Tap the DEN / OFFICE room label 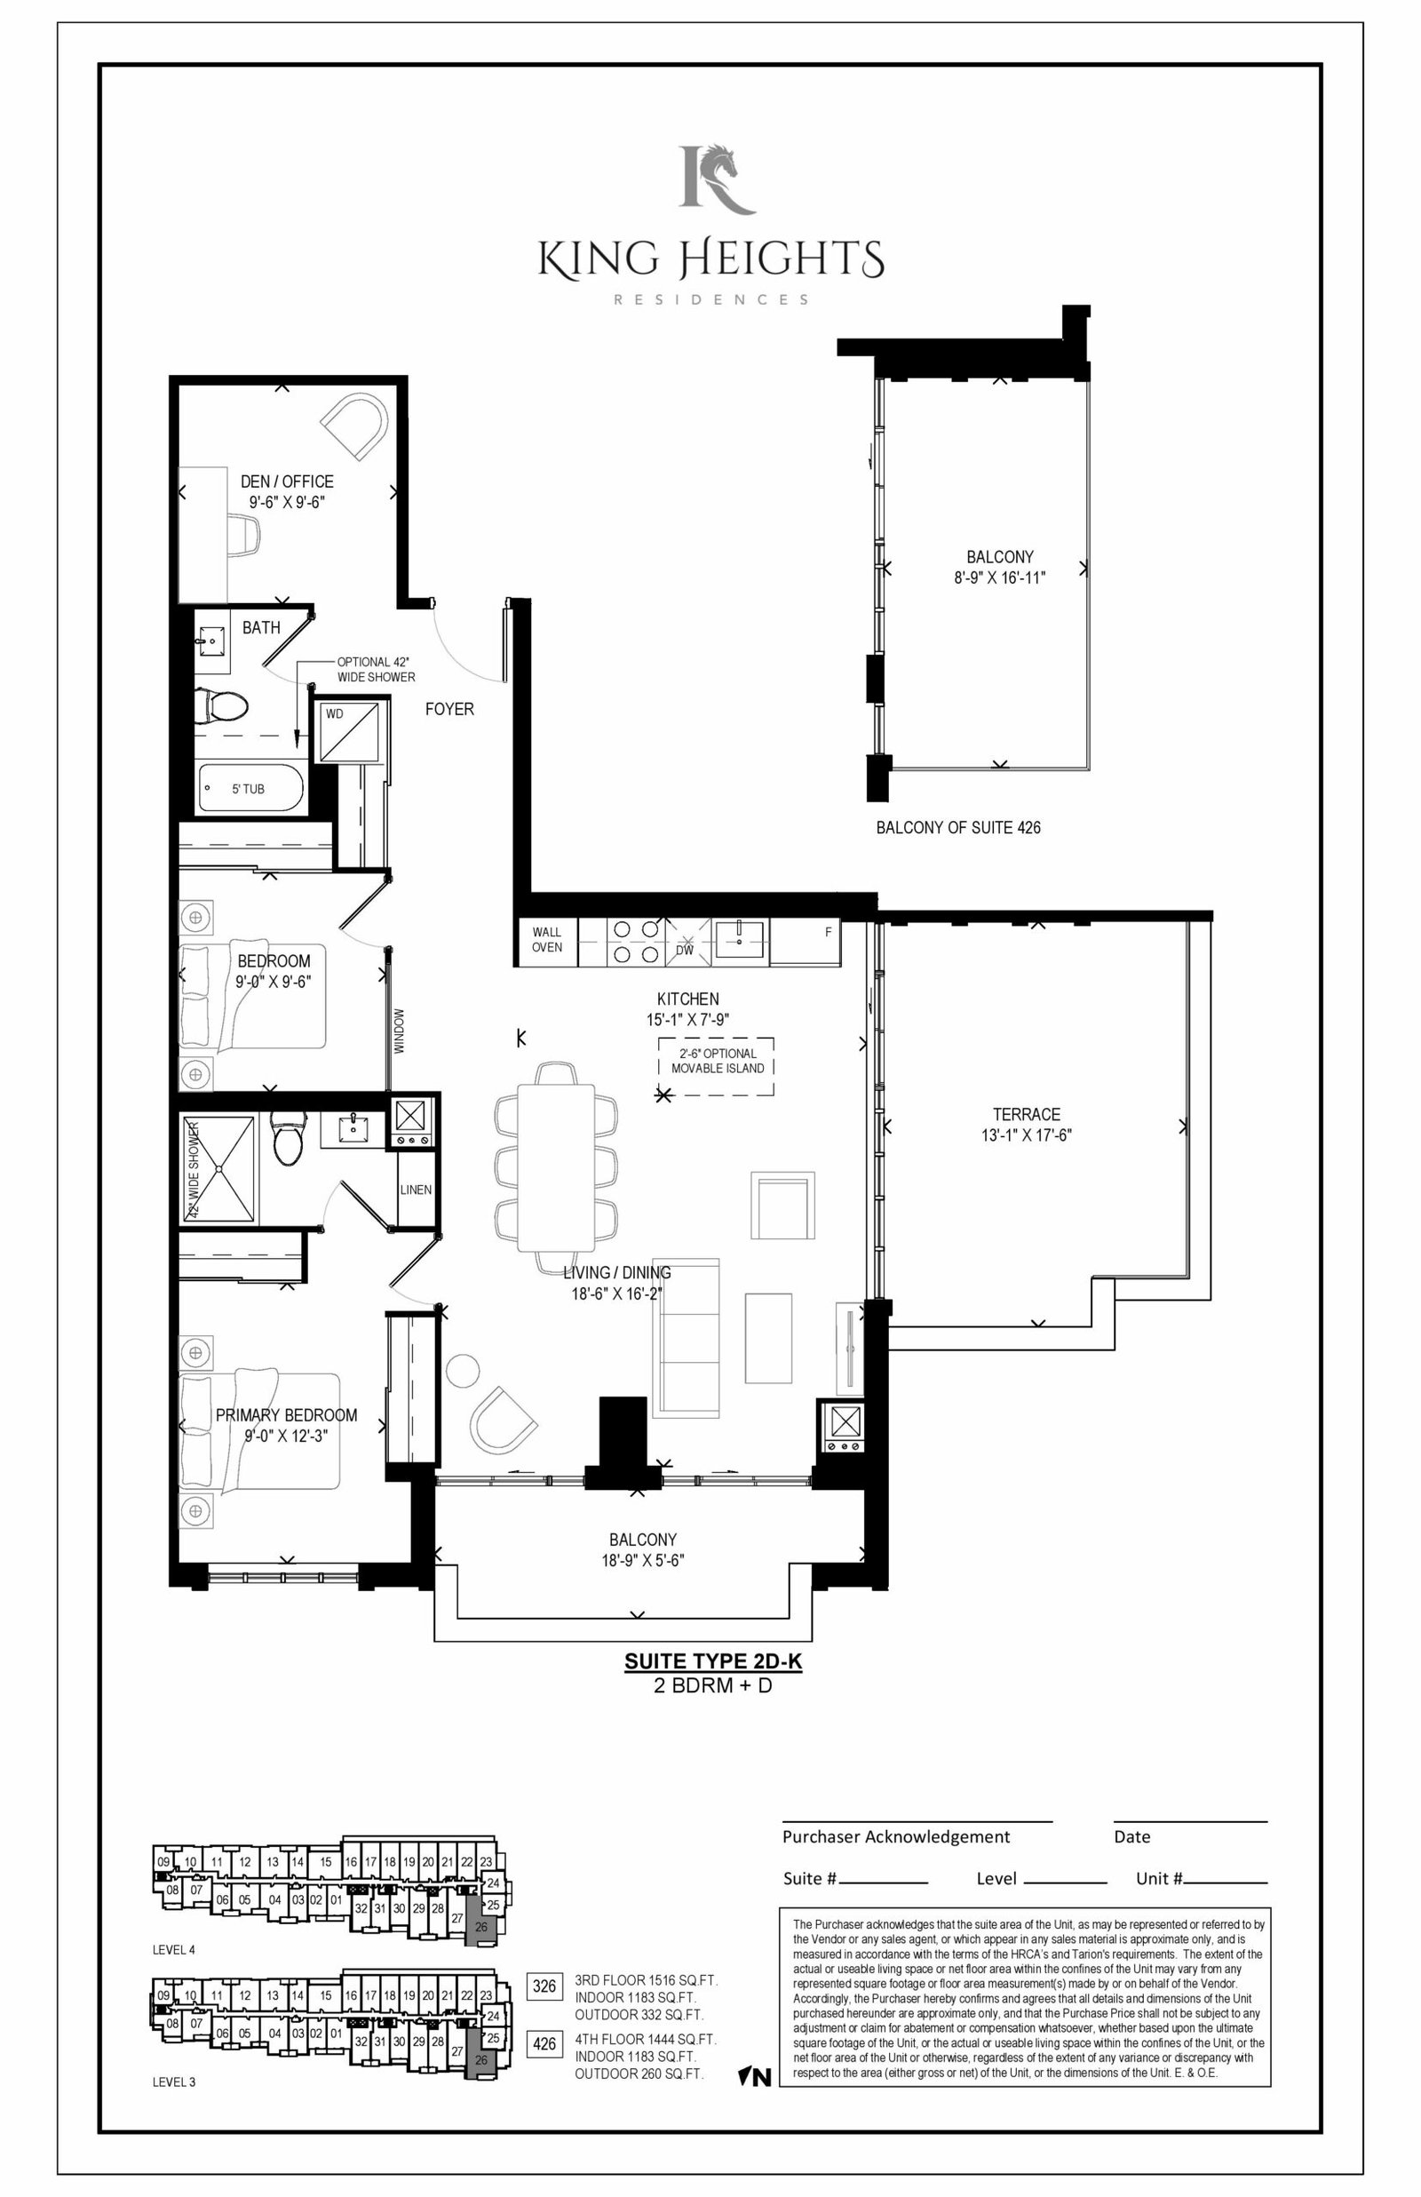(287, 482)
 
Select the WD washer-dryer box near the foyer (348, 732)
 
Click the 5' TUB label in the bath (248, 789)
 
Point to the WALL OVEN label (547, 939)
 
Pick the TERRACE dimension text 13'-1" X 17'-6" (1026, 1135)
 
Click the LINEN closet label (417, 1190)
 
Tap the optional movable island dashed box (716, 1066)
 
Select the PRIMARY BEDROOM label (286, 1414)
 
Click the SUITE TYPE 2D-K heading (713, 1661)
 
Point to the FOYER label (449, 709)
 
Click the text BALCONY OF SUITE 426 (957, 828)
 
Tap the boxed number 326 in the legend (544, 1985)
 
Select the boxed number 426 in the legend (544, 2044)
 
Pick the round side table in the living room (460, 1369)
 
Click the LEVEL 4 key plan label (173, 1950)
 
